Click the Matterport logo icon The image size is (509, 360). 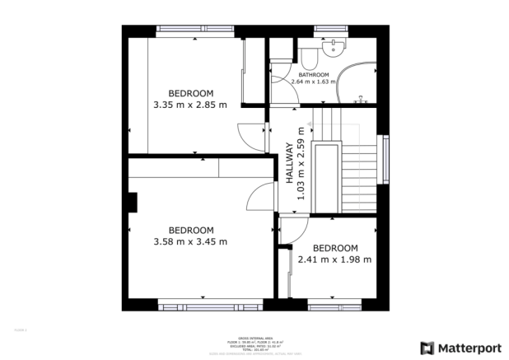427,348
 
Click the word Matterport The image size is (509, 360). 467,348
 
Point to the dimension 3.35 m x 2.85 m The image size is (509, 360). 190,105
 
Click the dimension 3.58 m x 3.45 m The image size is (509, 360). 190,241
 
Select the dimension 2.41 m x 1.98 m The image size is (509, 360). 335,259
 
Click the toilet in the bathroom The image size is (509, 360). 310,55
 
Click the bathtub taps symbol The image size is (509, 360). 360,100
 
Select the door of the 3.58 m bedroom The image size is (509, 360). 261,199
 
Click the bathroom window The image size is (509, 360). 331,30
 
